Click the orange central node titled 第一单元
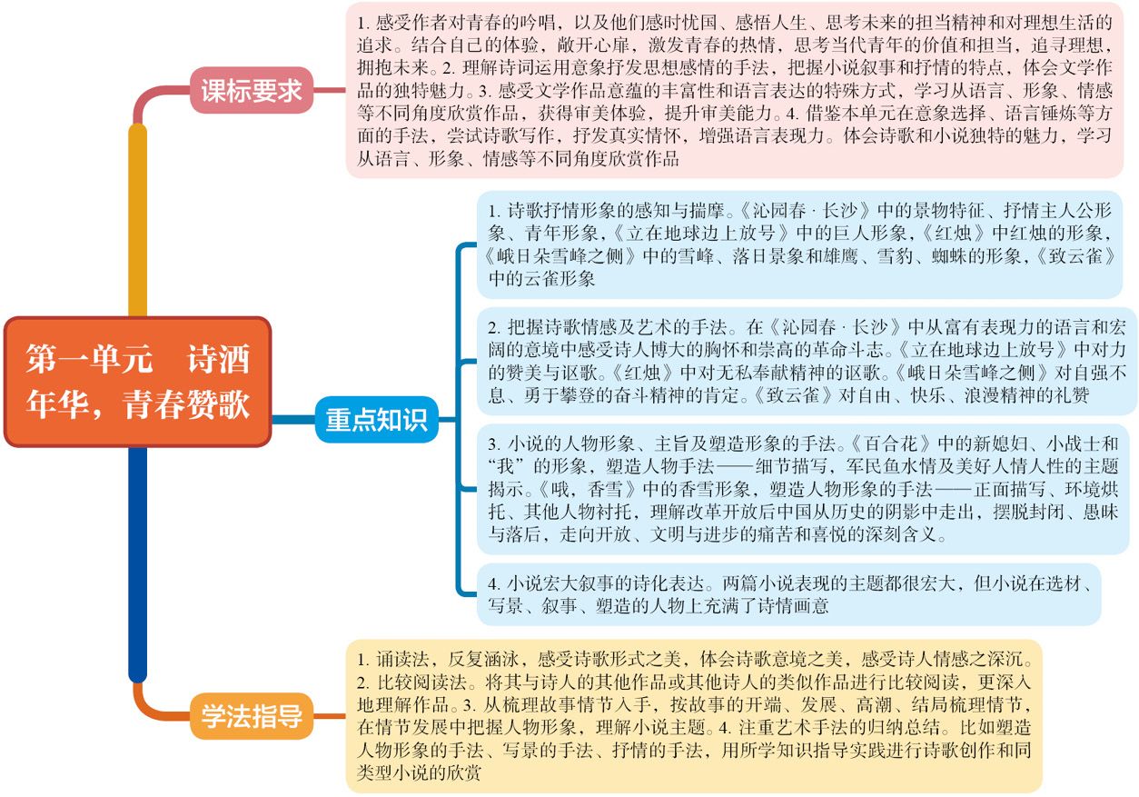[x=137, y=382]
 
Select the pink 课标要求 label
[x=252, y=91]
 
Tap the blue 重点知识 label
[x=376, y=420]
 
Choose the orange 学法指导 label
[x=252, y=715]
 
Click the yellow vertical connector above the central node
[x=137, y=220]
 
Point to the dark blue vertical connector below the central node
[x=137, y=564]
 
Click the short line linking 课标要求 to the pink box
[x=330, y=91]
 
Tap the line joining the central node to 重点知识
[x=293, y=420]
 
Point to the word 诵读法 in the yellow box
[x=402, y=659]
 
